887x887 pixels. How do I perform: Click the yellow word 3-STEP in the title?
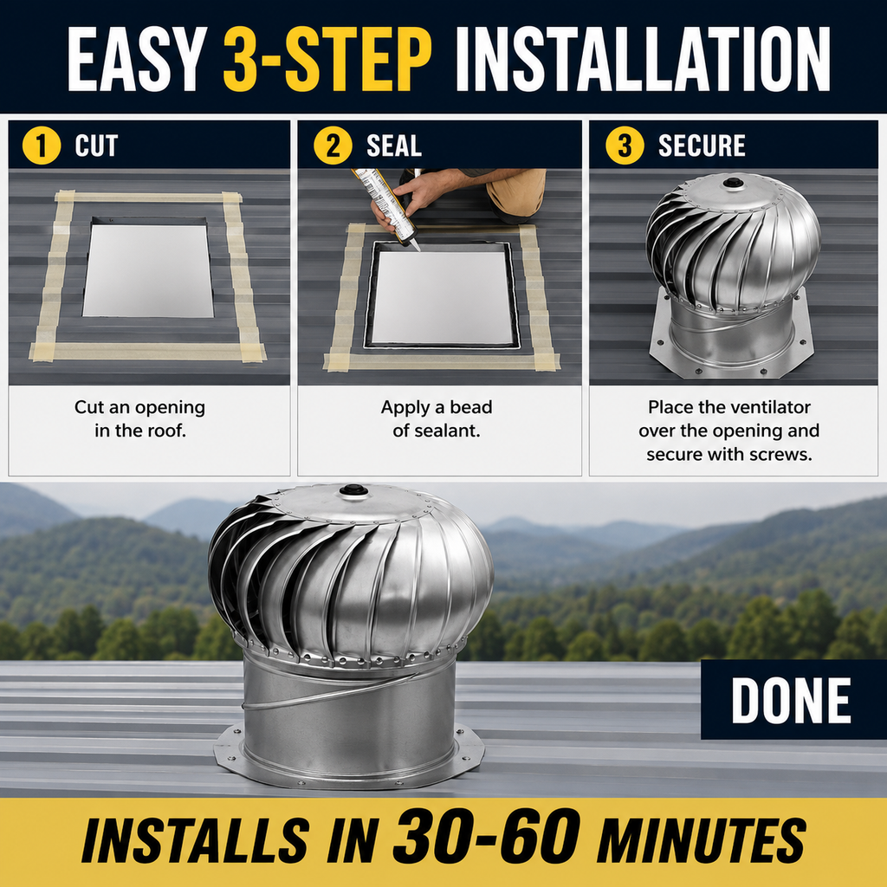coord(327,59)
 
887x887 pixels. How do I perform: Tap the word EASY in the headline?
coord(137,59)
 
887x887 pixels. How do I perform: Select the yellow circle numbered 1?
coord(42,146)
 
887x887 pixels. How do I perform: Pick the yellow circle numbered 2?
coord(333,146)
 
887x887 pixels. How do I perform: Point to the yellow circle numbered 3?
coord(625,146)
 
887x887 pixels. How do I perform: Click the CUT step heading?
coord(96,146)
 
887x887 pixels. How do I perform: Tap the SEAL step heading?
coord(394,146)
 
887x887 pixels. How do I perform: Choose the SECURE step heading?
coord(702,146)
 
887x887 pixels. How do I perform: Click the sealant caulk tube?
coord(385,206)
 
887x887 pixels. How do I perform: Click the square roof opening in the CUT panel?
coord(149,270)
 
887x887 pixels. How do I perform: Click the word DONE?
coord(791,701)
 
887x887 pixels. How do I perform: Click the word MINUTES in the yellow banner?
coord(701,839)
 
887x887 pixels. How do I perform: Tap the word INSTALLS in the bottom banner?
coord(195,839)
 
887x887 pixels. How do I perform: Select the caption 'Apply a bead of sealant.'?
coord(437,418)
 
